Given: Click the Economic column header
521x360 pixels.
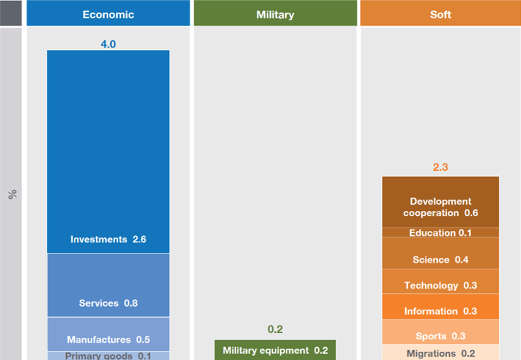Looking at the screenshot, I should point(108,14).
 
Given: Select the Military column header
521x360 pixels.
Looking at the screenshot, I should point(275,14).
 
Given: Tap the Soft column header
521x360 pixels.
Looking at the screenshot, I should point(440,14).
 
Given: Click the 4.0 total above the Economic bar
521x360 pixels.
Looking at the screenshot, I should point(108,44).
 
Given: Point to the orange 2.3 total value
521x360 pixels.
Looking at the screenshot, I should point(441,168).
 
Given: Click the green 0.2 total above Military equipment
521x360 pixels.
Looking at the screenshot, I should point(275,329).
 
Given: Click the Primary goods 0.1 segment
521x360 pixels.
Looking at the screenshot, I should point(108,356).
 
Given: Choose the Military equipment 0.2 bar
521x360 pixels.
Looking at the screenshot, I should point(275,350).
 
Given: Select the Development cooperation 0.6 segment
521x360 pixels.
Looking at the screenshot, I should point(441,202).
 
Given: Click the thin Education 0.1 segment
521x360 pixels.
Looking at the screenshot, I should point(441,232).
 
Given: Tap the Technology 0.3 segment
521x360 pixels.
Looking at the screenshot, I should point(441,282).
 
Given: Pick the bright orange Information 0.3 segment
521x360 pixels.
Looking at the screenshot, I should point(441,307).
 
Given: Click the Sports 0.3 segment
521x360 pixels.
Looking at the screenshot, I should point(441,332).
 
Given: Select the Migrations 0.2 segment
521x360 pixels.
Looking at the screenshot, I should point(441,352).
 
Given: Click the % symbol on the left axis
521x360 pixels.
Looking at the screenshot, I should point(12,194).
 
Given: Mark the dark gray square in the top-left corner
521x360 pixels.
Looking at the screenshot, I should point(11,13).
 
